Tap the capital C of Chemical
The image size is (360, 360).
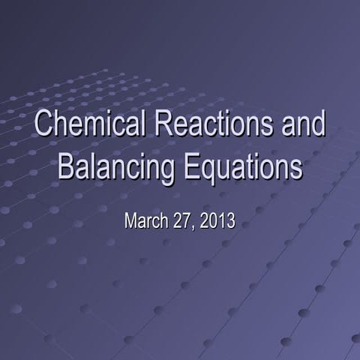coord(43,125)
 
